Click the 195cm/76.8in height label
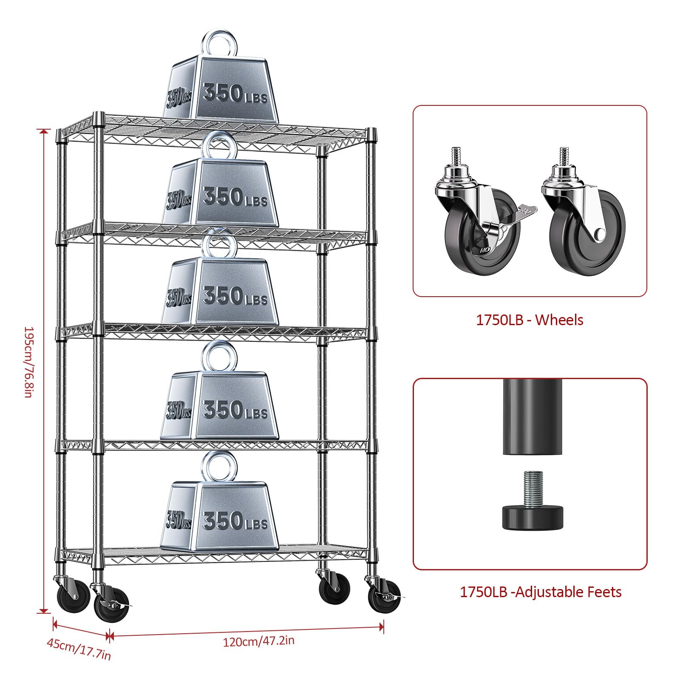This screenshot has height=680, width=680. [x=28, y=362]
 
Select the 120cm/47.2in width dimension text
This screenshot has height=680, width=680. [x=258, y=641]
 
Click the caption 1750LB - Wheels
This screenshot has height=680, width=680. [x=529, y=320]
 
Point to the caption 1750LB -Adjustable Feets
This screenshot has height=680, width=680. [x=541, y=592]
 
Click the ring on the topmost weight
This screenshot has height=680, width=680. [x=219, y=43]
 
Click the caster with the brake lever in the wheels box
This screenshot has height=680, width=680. [x=480, y=221]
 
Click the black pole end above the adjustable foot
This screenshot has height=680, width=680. [x=533, y=416]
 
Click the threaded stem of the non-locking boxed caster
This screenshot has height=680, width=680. [x=564, y=156]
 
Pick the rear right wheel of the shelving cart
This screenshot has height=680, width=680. [x=335, y=589]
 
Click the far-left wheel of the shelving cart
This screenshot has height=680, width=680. [x=69, y=594]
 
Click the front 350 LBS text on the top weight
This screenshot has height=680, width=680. [x=235, y=94]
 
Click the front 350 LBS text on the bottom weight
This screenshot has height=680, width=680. [x=235, y=521]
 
